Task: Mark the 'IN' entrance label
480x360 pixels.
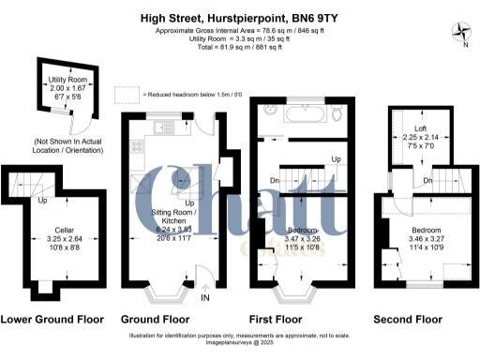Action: pos(205,298)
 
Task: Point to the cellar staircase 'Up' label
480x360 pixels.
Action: pos(42,201)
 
